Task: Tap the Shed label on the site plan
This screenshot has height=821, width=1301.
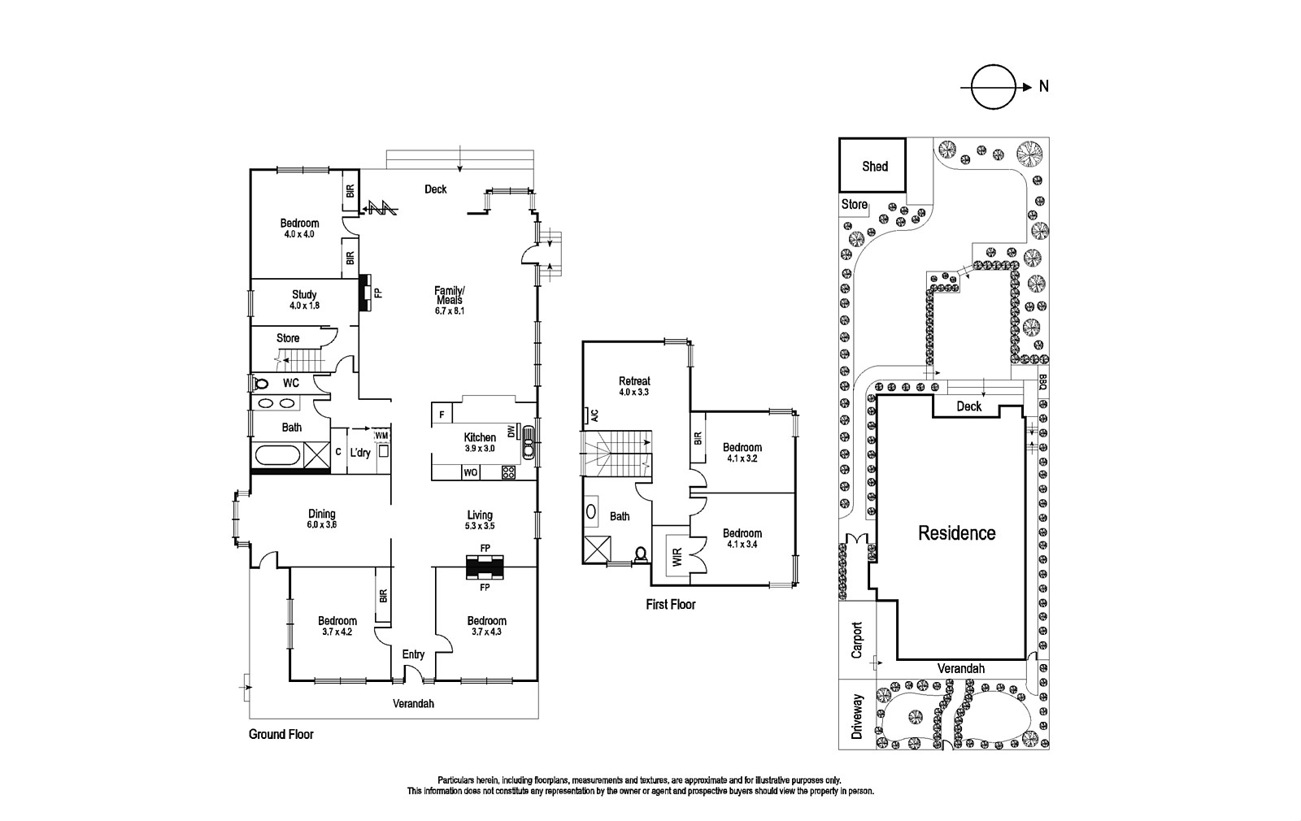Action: pyautogui.click(x=874, y=166)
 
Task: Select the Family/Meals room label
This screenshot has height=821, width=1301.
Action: pyautogui.click(x=449, y=295)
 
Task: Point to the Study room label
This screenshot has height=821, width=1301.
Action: pyautogui.click(x=304, y=294)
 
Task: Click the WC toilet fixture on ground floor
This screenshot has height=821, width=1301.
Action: pyautogui.click(x=262, y=383)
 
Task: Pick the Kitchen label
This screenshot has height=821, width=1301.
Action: pyautogui.click(x=480, y=437)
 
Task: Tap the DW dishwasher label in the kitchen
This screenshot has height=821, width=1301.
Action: pyautogui.click(x=511, y=432)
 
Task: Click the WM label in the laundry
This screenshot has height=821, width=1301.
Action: pyautogui.click(x=381, y=437)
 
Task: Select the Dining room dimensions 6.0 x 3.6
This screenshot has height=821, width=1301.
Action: pyautogui.click(x=322, y=525)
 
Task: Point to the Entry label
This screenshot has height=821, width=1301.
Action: pyautogui.click(x=413, y=654)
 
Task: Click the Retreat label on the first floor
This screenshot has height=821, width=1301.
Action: pyautogui.click(x=634, y=380)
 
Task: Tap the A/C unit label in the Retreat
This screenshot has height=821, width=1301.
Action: pyautogui.click(x=594, y=415)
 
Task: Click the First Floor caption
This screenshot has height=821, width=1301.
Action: pyautogui.click(x=671, y=605)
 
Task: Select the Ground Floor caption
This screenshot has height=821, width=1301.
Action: pyautogui.click(x=281, y=734)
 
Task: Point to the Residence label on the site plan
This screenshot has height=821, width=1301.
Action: pyautogui.click(x=956, y=533)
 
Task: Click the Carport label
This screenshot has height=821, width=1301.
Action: pyautogui.click(x=855, y=640)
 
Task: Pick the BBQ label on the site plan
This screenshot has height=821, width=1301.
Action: pyautogui.click(x=1042, y=382)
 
